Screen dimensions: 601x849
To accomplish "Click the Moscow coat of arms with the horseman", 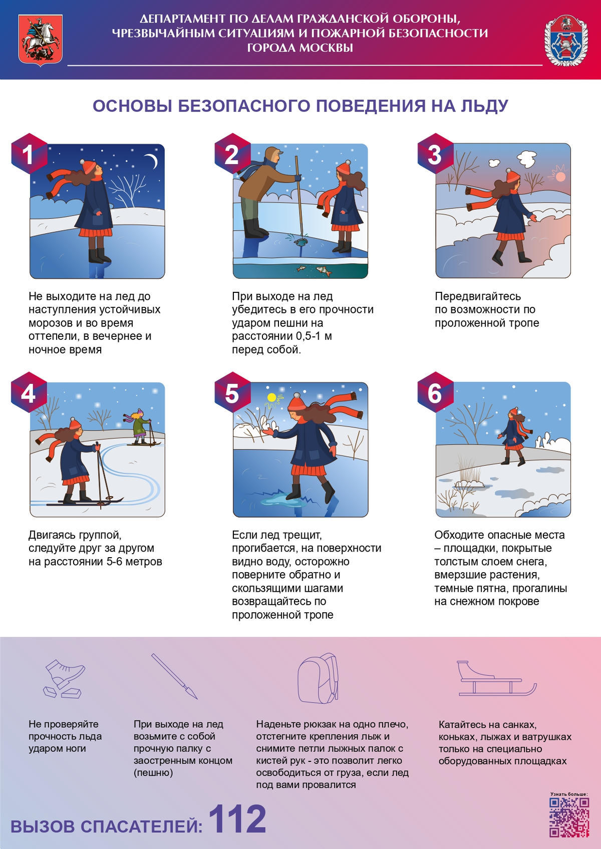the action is pos(41,41).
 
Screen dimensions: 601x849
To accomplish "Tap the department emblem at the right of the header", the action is pos(566,41).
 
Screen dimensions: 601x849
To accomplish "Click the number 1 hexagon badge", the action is pos(29,154).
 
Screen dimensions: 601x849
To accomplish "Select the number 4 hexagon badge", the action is pos(29,392).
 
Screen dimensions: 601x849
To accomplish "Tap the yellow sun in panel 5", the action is pos(271,397).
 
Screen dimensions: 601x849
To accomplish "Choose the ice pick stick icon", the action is pos(175,677).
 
